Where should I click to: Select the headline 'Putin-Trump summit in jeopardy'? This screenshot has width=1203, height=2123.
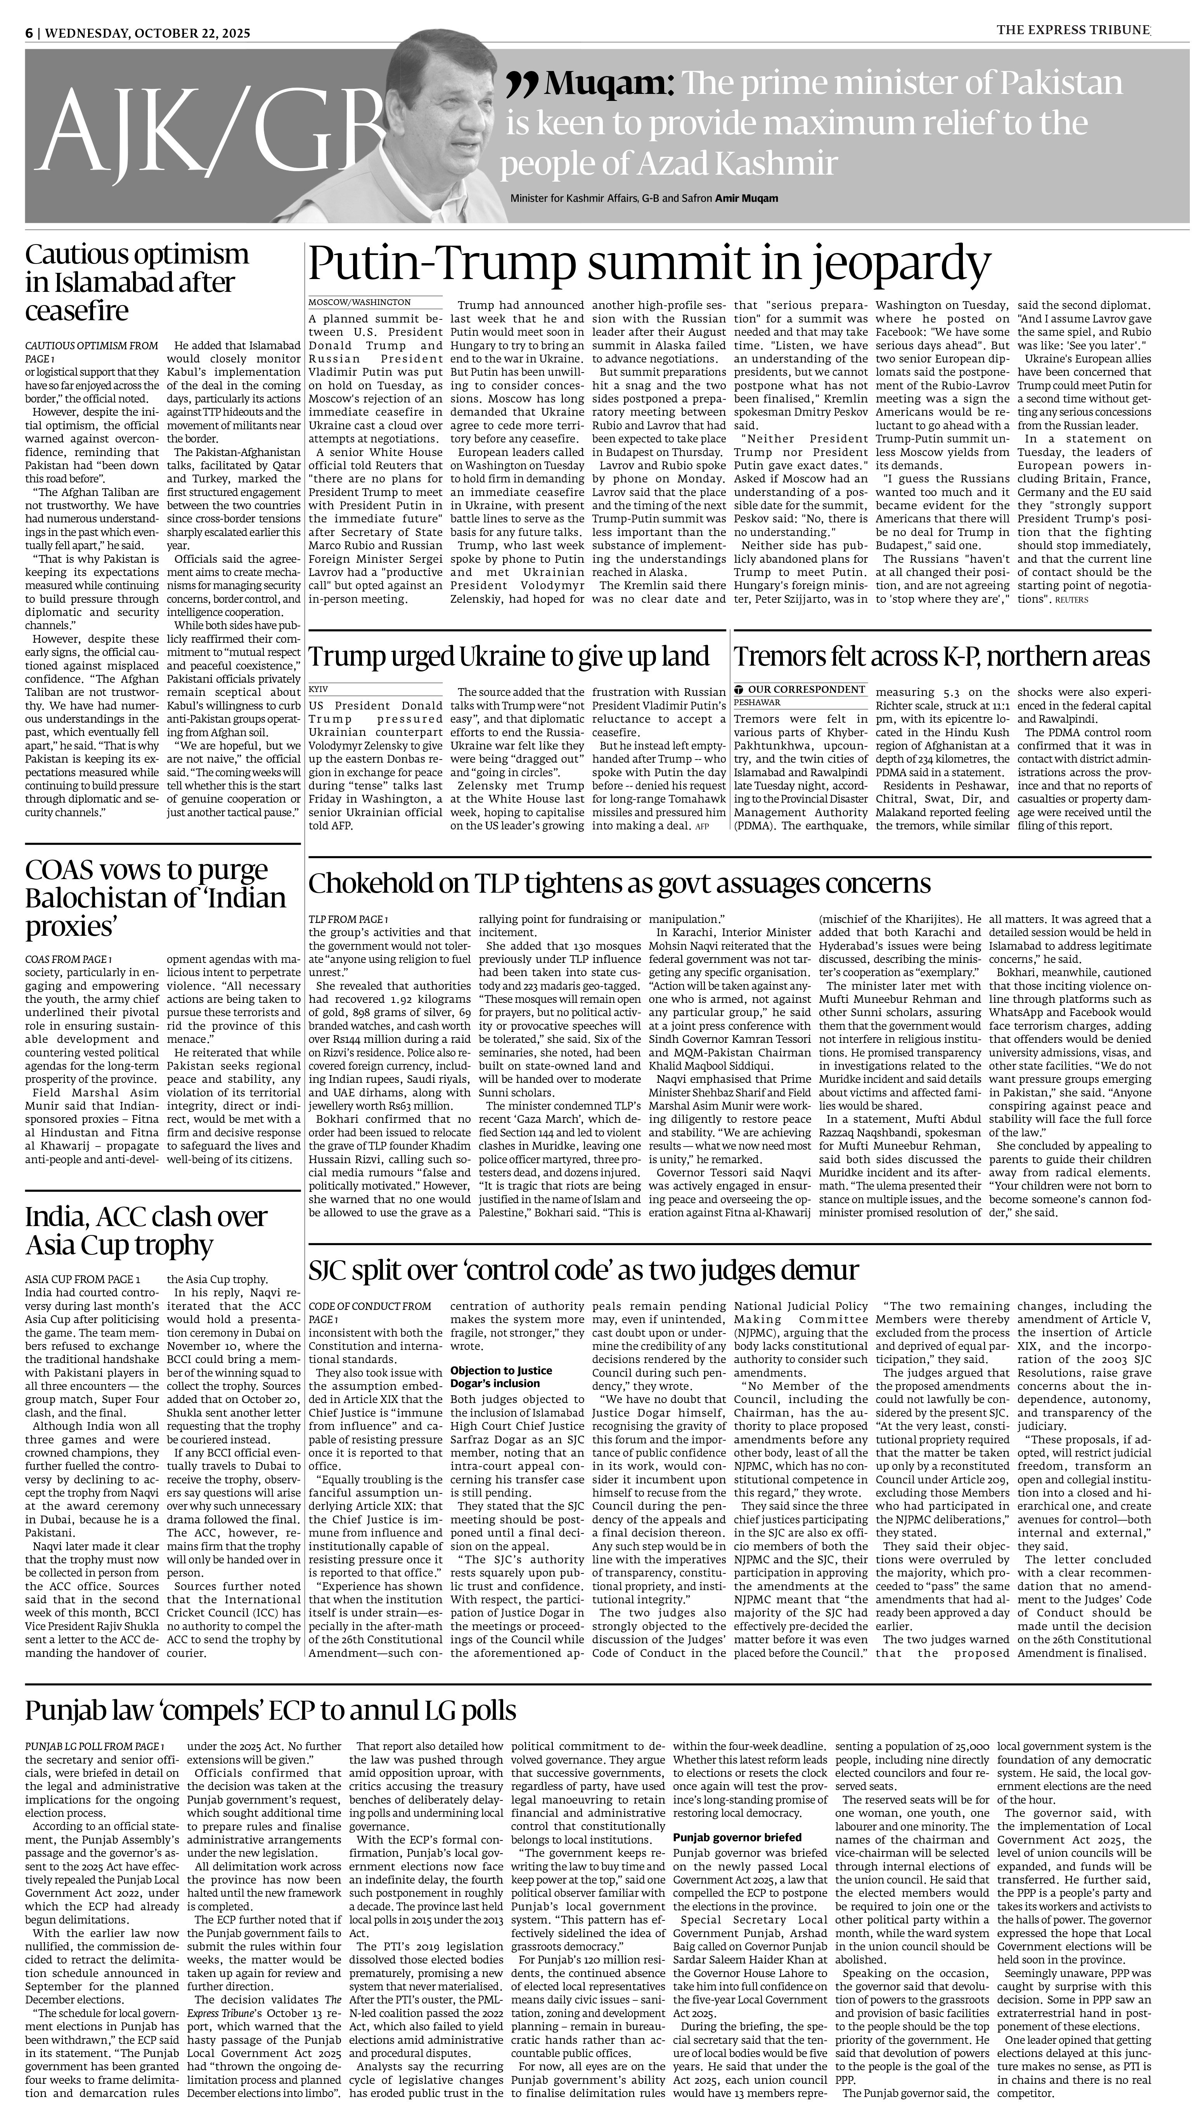click(649, 264)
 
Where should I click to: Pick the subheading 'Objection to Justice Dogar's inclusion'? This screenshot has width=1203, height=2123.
click(501, 1377)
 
